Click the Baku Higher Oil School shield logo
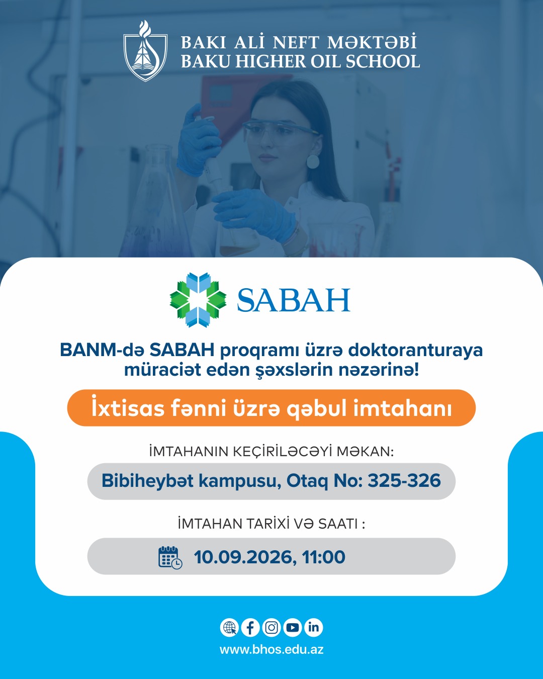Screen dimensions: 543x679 [145, 51]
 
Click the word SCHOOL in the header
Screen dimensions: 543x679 [383, 61]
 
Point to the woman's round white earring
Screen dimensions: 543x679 [313, 161]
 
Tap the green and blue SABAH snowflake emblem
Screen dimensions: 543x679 [198, 300]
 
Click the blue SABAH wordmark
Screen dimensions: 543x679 [294, 300]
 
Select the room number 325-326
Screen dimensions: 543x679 [404, 480]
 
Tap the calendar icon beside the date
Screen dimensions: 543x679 [170, 557]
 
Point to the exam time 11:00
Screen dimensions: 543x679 [323, 557]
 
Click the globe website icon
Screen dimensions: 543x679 [229, 627]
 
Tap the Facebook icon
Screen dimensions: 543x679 [250, 627]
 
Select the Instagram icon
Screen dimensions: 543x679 [271, 627]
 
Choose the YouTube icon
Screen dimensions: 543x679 [293, 627]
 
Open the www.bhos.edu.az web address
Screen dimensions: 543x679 [271, 650]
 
